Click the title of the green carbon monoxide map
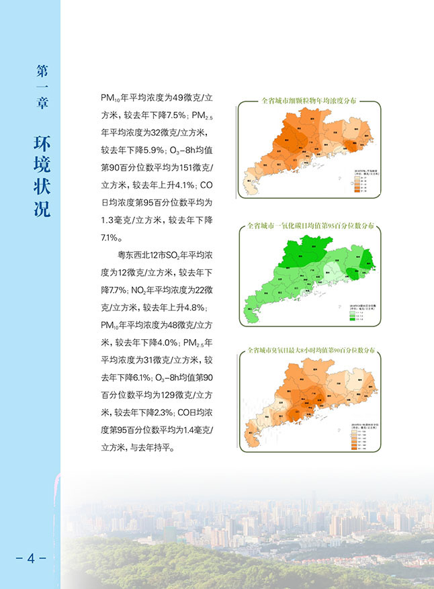click(310, 226)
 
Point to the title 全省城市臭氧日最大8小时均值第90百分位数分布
click(310, 351)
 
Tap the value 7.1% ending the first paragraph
click(111, 238)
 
